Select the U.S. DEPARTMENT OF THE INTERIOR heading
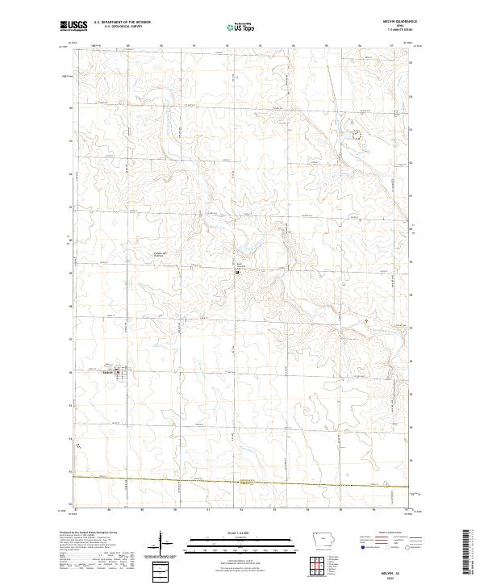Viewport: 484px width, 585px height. coord(122,23)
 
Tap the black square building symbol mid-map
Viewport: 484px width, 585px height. coord(236,272)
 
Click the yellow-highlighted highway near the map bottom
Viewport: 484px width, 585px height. coord(242,482)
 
